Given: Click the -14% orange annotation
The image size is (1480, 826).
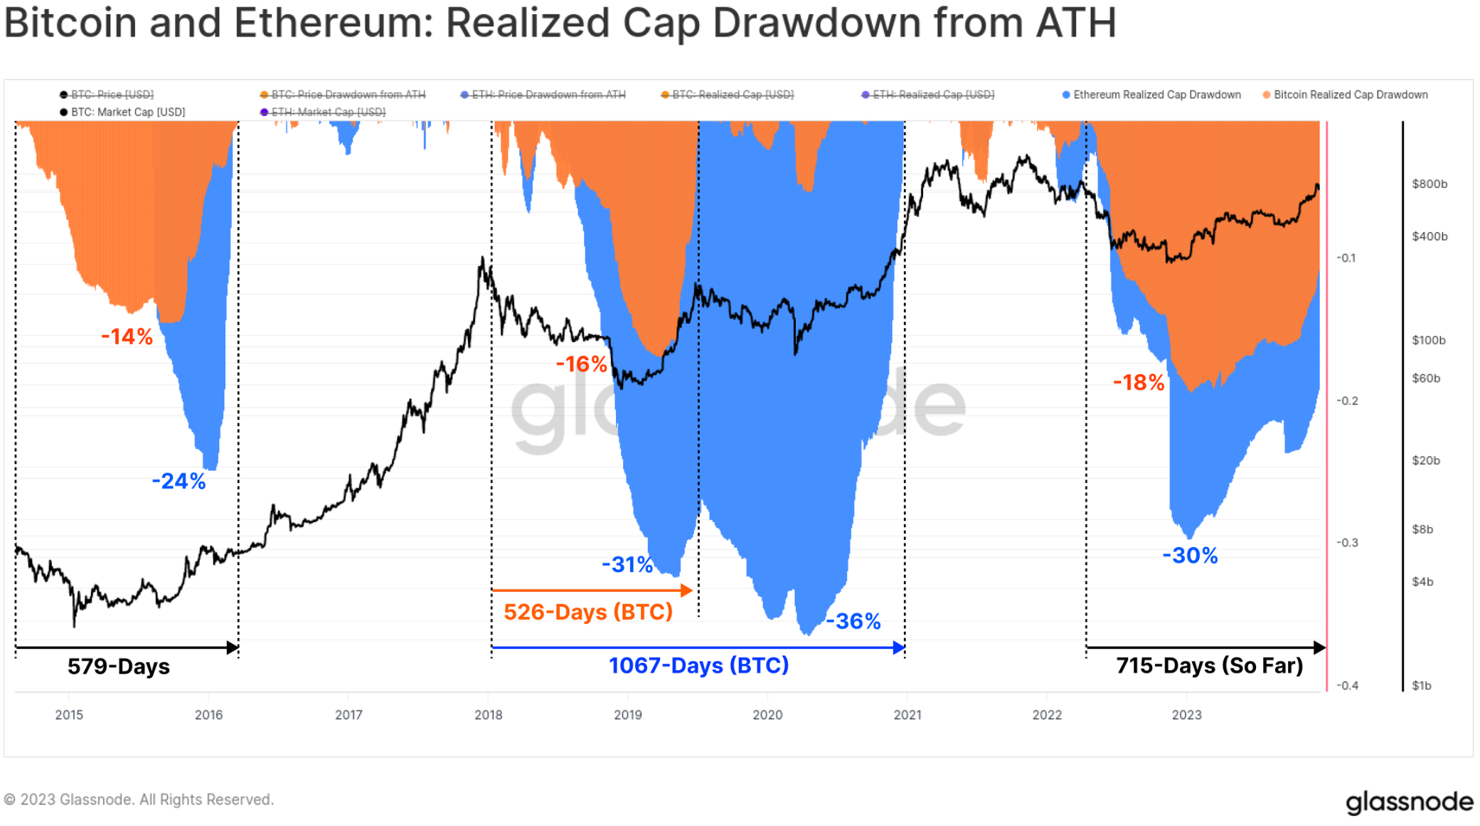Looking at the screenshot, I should click(x=127, y=337).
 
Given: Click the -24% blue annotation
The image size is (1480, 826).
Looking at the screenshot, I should click(x=179, y=482).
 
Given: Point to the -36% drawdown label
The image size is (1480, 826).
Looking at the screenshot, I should click(x=853, y=622).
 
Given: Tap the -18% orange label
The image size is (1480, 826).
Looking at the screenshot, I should click(x=1139, y=383).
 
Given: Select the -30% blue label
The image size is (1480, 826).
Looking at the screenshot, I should click(x=1190, y=556).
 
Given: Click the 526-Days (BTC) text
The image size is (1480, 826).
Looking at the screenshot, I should click(x=588, y=612).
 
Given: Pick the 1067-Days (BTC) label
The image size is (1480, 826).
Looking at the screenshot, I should click(x=698, y=665).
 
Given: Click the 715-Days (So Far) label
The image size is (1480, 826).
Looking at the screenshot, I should click(x=1209, y=666).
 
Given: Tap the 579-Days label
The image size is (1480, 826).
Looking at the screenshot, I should click(x=119, y=667).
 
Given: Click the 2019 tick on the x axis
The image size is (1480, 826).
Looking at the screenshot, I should click(x=628, y=715).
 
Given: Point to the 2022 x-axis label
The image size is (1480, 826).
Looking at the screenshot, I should click(x=1047, y=715).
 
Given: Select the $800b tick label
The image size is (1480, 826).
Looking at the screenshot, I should click(x=1430, y=184).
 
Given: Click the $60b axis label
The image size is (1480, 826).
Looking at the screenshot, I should click(x=1426, y=378).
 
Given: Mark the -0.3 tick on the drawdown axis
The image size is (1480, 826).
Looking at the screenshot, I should click(x=1346, y=543).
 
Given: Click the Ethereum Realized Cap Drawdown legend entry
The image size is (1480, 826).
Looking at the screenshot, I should click(x=1156, y=95).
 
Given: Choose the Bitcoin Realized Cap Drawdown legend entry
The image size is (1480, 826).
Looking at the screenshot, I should click(x=1350, y=95).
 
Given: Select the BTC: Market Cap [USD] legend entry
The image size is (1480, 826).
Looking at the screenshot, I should click(x=127, y=112).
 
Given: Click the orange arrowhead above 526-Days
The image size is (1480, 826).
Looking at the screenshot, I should click(x=686, y=590).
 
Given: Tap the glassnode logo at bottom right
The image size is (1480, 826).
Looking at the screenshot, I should click(x=1409, y=802).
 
